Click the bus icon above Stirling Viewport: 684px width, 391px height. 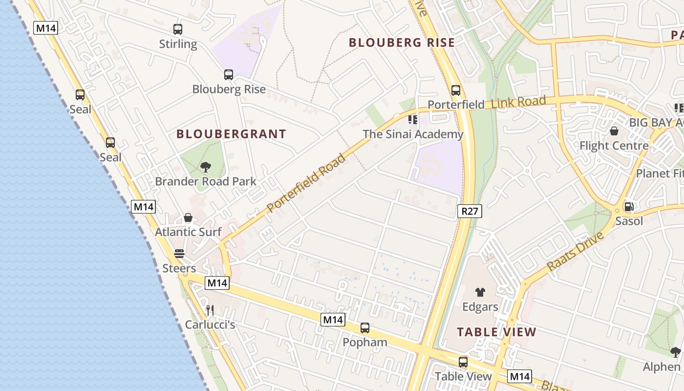point(178,29)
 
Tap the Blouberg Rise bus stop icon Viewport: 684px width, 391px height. point(229,75)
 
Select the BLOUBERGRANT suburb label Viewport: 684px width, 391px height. point(231,134)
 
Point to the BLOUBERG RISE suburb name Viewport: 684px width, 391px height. point(402,43)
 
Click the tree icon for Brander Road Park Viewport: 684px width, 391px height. point(206,167)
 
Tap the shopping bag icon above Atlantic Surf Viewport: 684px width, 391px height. point(188,217)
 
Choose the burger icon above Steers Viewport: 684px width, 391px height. point(179,254)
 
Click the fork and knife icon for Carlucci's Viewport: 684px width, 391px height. point(210,310)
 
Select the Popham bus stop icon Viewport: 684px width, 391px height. point(365,328)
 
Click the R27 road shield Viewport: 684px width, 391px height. point(470,211)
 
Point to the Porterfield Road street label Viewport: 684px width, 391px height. point(306,183)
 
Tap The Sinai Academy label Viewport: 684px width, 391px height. point(413,134)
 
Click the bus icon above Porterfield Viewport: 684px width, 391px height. point(456,90)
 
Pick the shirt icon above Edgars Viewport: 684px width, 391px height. point(480,292)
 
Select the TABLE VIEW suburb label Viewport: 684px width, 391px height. point(496,332)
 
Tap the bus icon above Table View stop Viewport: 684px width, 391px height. point(463,362)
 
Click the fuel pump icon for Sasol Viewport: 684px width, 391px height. point(629,207)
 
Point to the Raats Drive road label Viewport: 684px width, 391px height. point(576,252)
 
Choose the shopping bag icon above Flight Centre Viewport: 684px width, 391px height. point(614,131)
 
